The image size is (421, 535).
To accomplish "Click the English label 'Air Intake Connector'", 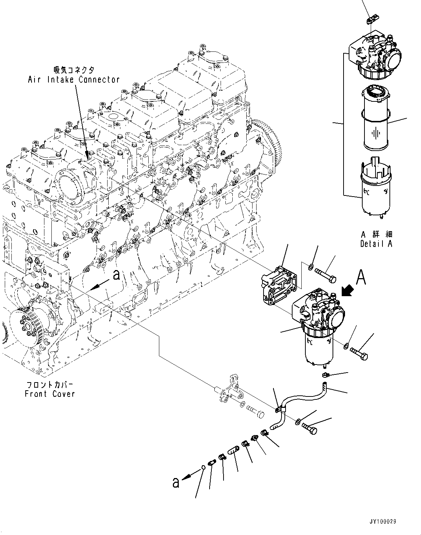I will click(74, 79).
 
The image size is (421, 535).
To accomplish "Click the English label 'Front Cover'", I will click(50, 394).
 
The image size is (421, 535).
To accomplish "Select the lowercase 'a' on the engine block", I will click(116, 275).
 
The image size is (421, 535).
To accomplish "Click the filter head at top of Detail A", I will click(376, 53).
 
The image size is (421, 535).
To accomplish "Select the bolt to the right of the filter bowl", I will click(359, 353).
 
